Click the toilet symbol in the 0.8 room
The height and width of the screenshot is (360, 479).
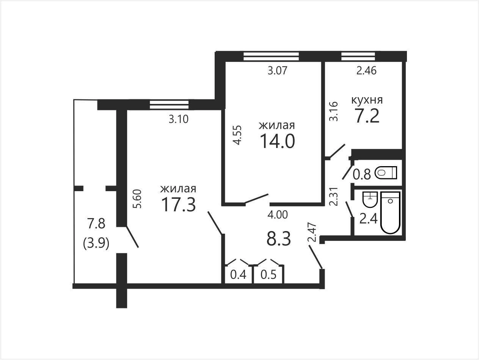point(386,173)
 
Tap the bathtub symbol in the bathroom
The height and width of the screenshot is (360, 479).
point(390,213)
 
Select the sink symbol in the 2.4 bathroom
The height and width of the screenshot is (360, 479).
point(370,200)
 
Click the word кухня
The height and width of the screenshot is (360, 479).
point(367,100)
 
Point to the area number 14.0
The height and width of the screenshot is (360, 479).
point(277,141)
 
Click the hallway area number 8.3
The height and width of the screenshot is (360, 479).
point(279,239)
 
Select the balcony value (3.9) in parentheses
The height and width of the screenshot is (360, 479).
point(96,244)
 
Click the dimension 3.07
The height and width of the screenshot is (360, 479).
point(277,71)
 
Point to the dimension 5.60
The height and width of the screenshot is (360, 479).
point(138,199)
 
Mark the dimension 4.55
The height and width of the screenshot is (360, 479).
point(237,135)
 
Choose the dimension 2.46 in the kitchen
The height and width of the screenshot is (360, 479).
point(366,71)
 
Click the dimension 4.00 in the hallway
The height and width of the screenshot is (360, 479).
point(278,215)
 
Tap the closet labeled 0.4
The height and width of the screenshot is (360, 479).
point(238,274)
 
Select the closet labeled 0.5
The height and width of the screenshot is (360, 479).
point(269,274)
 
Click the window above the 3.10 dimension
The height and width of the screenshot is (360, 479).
point(169,105)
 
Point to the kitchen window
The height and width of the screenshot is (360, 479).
point(358,56)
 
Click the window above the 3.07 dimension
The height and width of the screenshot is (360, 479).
point(271,56)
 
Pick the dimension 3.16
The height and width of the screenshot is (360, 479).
point(333,111)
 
